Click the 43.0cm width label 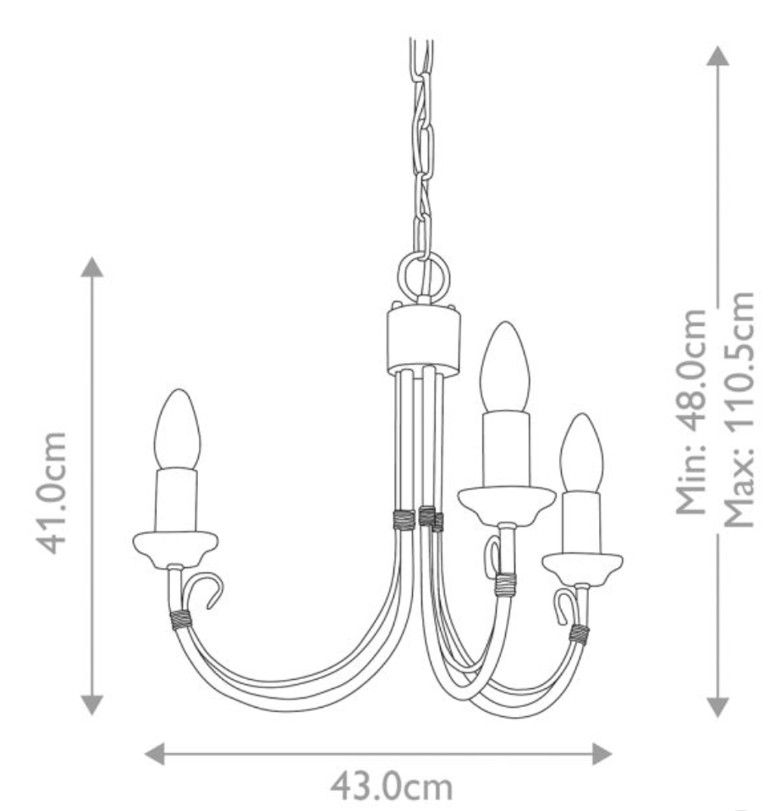(391, 786)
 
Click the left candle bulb (176, 429)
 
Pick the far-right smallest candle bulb (581, 454)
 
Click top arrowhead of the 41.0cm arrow (92, 268)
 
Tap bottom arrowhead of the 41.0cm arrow (92, 704)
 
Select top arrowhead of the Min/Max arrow (717, 56)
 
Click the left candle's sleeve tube (175, 499)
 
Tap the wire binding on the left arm (180, 620)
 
